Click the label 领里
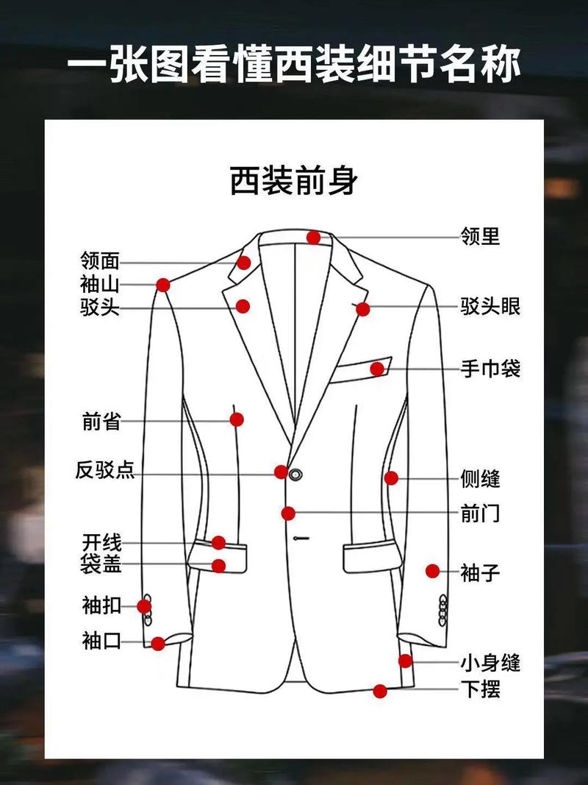pyautogui.click(x=480, y=237)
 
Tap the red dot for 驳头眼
pyautogui.click(x=362, y=309)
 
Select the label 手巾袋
pyautogui.click(x=490, y=368)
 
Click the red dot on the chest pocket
pyautogui.click(x=377, y=369)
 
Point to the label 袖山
pyautogui.click(x=100, y=284)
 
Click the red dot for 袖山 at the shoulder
pyautogui.click(x=163, y=285)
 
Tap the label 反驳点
pyautogui.click(x=105, y=470)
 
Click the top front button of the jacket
pyautogui.click(x=296, y=473)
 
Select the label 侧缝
pyautogui.click(x=480, y=479)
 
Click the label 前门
pyautogui.click(x=480, y=513)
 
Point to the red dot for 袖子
pyautogui.click(x=432, y=570)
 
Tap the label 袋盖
pyautogui.click(x=101, y=565)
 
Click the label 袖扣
pyautogui.click(x=101, y=606)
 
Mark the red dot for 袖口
pyautogui.click(x=158, y=644)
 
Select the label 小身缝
pyautogui.click(x=490, y=663)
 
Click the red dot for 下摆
pyautogui.click(x=380, y=691)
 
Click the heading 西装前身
pyautogui.click(x=294, y=181)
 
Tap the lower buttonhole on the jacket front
pyautogui.click(x=299, y=539)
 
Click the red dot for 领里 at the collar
pyautogui.click(x=314, y=237)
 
